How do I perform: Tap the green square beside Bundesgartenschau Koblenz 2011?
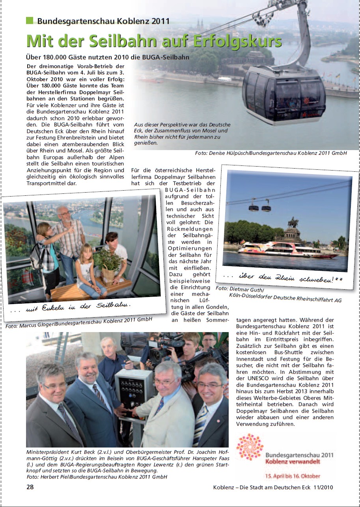point(30,20)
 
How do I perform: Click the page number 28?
point(30,487)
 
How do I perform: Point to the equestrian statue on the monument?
point(293,223)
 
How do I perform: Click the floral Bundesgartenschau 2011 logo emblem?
point(249,447)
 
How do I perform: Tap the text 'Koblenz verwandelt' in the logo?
point(292,461)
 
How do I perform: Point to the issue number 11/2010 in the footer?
point(321,487)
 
